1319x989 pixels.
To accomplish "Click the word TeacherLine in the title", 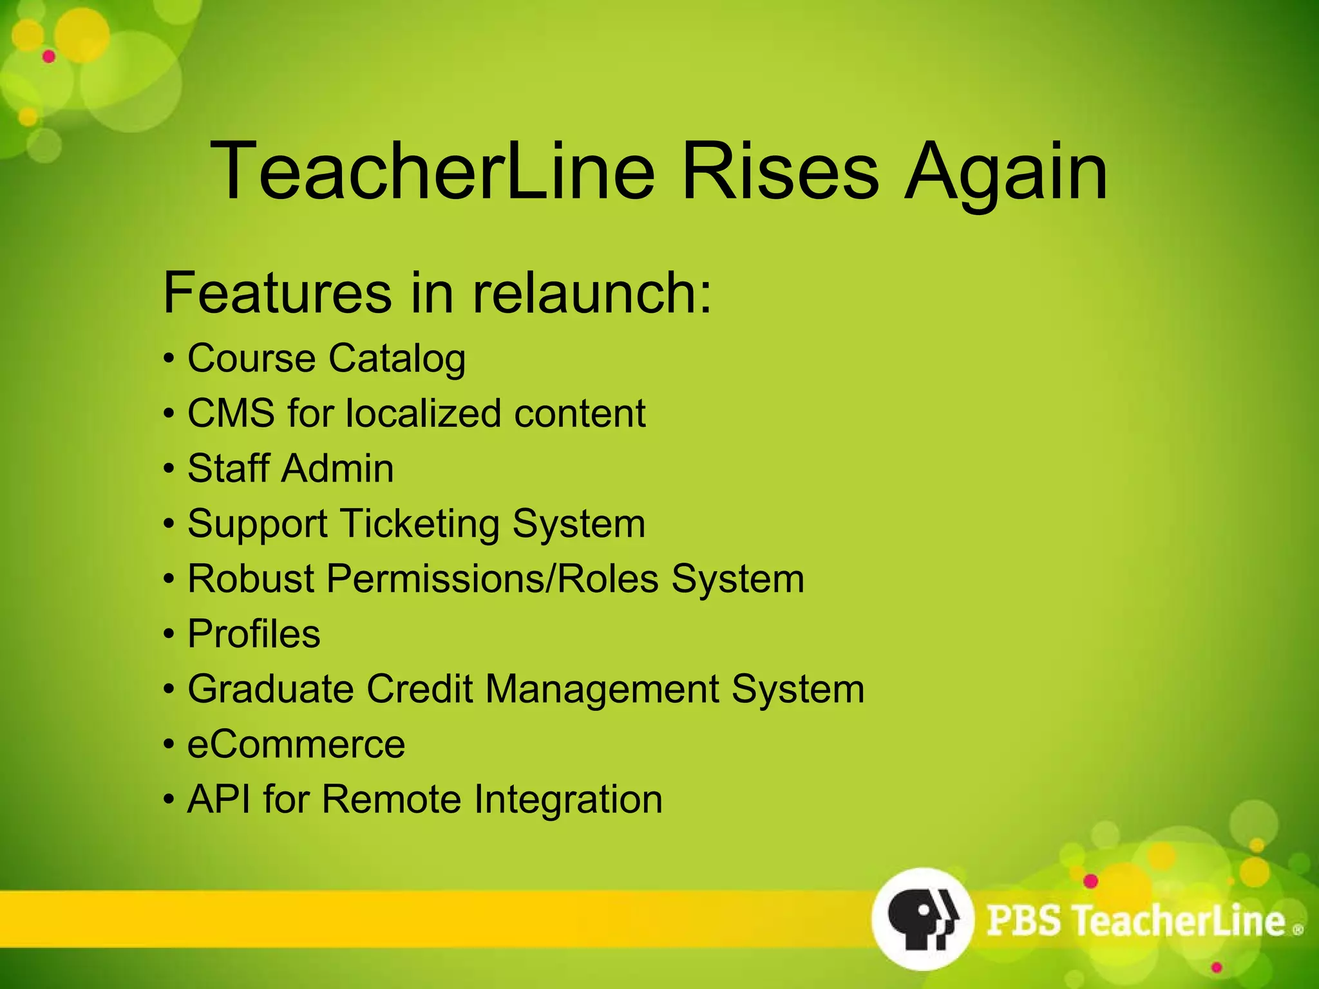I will pyautogui.click(x=432, y=171).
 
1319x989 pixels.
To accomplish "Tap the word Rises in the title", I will pyautogui.click(x=779, y=171).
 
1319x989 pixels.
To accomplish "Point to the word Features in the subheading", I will pyautogui.click(x=277, y=293).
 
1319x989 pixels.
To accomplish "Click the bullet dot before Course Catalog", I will pyautogui.click(x=169, y=359).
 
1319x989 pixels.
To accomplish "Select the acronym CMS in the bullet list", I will pyautogui.click(x=231, y=413).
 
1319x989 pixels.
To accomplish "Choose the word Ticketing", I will pyautogui.click(x=419, y=523).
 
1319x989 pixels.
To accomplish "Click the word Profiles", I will pyautogui.click(x=254, y=634).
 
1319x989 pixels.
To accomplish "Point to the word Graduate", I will pyautogui.click(x=270, y=689).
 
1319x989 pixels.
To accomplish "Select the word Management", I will pyautogui.click(x=602, y=689).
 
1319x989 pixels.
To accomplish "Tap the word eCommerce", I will pyautogui.click(x=296, y=744).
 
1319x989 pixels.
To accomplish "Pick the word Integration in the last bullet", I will pyautogui.click(x=568, y=800).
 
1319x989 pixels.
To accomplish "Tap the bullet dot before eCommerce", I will pyautogui.click(x=169, y=745).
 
